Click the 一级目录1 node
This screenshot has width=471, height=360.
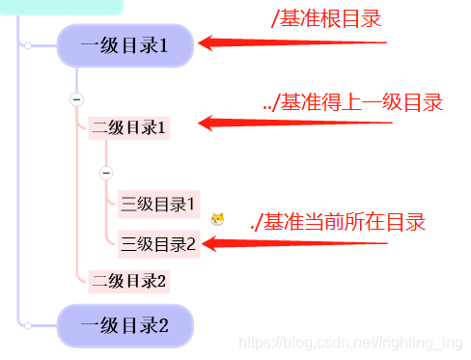click(x=125, y=44)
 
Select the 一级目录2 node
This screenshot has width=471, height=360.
click(x=125, y=325)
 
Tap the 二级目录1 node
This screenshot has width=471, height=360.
click(x=129, y=127)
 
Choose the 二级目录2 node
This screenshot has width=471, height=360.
click(x=129, y=281)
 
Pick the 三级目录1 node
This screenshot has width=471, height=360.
click(x=159, y=204)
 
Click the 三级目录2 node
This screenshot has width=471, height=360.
click(x=159, y=244)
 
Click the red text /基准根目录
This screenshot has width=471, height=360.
click(x=327, y=18)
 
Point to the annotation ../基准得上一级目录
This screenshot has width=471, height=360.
click(x=353, y=103)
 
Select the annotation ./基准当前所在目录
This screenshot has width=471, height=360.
click(x=338, y=222)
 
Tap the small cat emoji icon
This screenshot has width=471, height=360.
click(x=218, y=220)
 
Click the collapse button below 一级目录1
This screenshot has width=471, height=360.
click(x=77, y=99)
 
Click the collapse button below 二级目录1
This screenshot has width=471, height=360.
click(x=106, y=173)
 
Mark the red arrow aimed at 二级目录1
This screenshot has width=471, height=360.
click(x=290, y=123)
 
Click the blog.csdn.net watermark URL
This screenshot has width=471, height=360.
click(x=352, y=343)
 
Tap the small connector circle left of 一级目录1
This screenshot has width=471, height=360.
click(x=28, y=44)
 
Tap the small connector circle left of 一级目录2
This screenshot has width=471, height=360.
click(x=28, y=325)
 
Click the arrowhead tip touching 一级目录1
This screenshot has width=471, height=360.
click(x=203, y=42)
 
